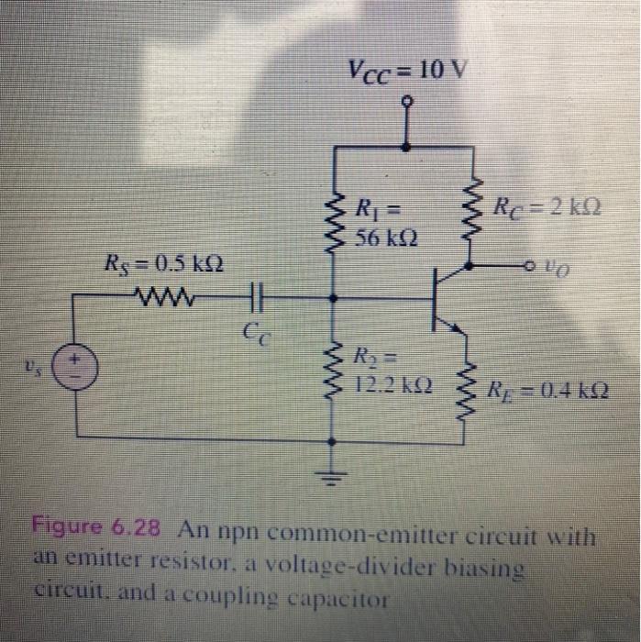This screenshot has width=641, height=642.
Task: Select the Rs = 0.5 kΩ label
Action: click(x=164, y=268)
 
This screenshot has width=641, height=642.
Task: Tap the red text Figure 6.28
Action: click(x=97, y=528)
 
